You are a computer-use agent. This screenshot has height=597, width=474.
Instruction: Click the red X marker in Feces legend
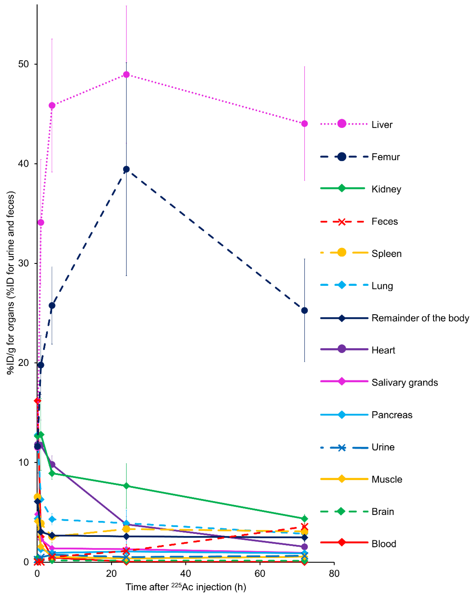[x=342, y=222]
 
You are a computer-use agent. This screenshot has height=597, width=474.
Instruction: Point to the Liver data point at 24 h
[x=126, y=75]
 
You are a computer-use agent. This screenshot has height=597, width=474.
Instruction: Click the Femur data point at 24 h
[x=126, y=169]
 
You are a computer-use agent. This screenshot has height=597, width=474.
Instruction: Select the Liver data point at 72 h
[x=304, y=124]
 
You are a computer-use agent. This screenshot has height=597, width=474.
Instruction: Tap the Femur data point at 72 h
[x=304, y=310]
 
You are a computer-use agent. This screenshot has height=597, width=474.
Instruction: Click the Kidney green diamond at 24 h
[x=126, y=486]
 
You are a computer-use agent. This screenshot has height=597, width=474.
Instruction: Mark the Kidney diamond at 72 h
[x=304, y=519]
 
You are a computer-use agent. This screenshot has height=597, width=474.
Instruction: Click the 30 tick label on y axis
[x=24, y=263]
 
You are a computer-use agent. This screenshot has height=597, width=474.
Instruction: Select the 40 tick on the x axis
[x=185, y=573]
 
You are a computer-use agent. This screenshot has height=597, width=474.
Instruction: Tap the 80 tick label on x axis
[x=334, y=573]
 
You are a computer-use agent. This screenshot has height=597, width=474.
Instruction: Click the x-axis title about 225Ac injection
[x=186, y=587]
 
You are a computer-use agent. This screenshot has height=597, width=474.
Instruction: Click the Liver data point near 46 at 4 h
[x=52, y=106]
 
